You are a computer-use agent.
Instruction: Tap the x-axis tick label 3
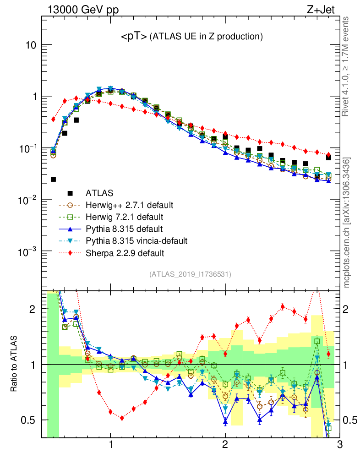click(339, 444)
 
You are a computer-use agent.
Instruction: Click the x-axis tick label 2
click(225, 444)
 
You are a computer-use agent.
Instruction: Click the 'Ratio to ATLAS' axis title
click(14, 364)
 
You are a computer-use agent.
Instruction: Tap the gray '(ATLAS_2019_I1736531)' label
click(190, 274)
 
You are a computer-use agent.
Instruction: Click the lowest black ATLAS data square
click(53, 180)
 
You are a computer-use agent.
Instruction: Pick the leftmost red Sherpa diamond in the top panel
click(53, 119)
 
